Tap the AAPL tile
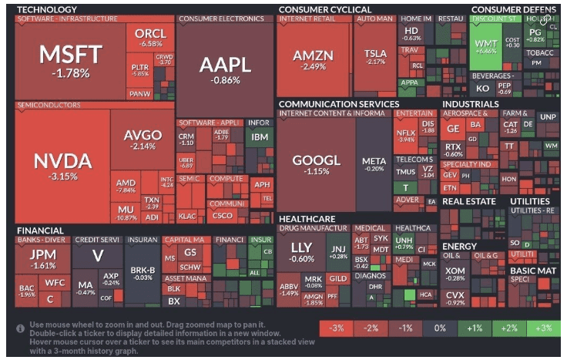click(225, 69)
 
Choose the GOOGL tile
click(316, 166)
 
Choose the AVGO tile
click(143, 139)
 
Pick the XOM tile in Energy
click(455, 274)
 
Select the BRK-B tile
click(143, 273)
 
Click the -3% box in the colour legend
click(336, 328)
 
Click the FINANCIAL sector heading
click(40, 230)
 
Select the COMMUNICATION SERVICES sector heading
click(339, 103)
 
